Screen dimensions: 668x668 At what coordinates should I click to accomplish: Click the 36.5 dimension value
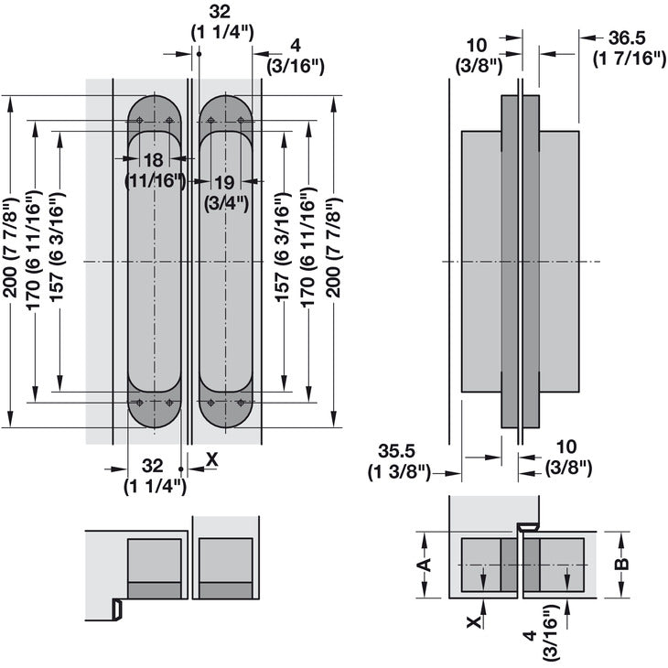coord(628,38)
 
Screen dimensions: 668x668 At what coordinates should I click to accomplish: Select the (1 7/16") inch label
coord(628,60)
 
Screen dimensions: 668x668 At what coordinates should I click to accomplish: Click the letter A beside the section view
coord(423,565)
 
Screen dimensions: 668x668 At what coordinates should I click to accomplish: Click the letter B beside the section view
coord(622,565)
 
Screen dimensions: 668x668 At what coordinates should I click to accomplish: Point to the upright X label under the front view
coord(212,459)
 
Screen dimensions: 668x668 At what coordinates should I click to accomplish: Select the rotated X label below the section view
coord(473,622)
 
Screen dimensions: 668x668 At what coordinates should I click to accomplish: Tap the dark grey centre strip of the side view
coord(510,265)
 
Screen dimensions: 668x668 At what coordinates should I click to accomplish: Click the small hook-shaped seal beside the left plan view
coord(117,608)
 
